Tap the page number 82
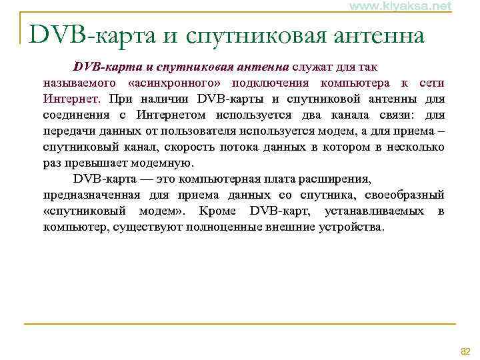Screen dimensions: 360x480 click(x=465, y=351)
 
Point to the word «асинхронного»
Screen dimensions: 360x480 click(x=176, y=83)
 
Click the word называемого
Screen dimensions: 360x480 click(x=79, y=83)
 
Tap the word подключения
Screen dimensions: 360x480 click(x=270, y=83)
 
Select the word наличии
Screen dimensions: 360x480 click(x=163, y=99)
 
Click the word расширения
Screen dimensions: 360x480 click(x=336, y=179)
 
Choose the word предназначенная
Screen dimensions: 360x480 click(x=91, y=195)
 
